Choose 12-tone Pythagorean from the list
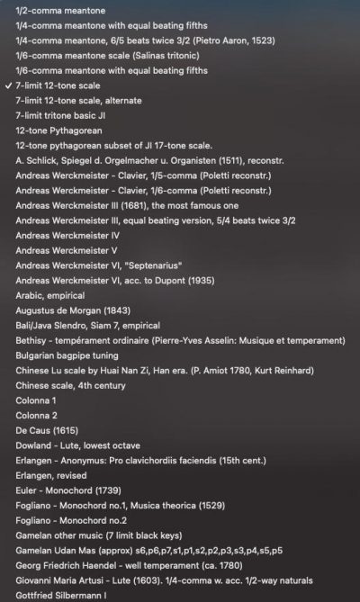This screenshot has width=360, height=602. [54, 130]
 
